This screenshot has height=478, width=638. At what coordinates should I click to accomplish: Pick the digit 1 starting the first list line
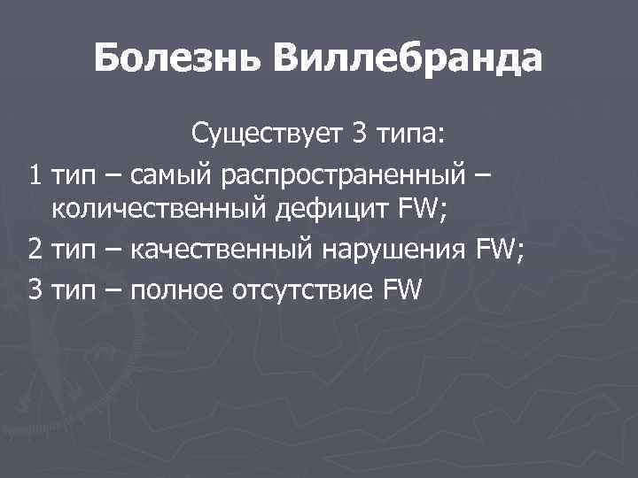coord(35,173)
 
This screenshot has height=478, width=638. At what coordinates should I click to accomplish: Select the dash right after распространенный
coord(481,173)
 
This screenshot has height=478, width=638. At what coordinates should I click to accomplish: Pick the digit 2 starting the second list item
coord(35,251)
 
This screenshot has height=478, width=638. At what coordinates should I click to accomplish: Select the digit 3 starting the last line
coord(35,289)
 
